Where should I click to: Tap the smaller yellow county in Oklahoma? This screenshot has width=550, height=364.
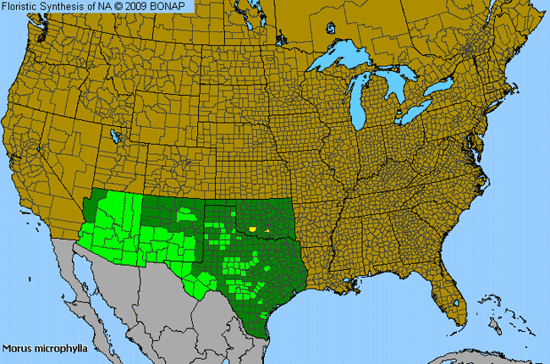coord(267,229)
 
